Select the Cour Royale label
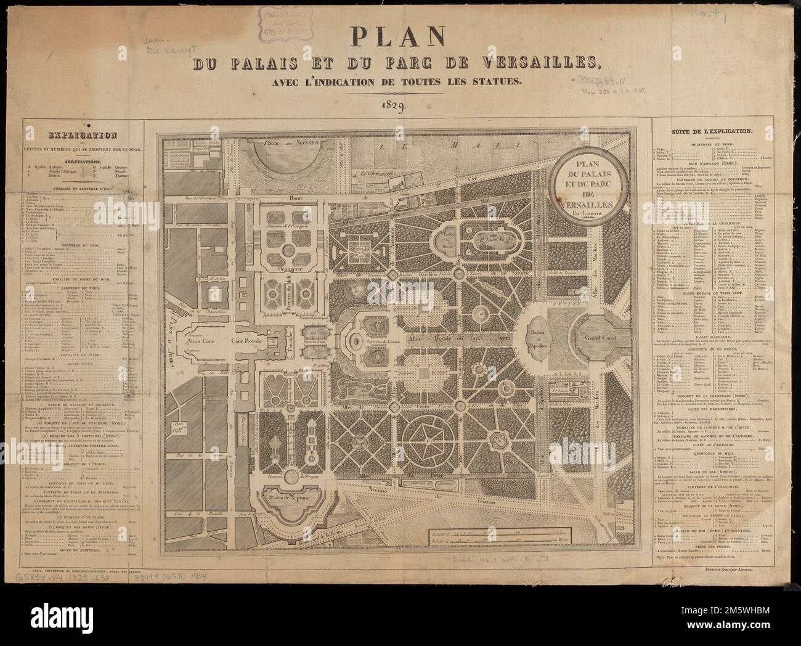(247, 339)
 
